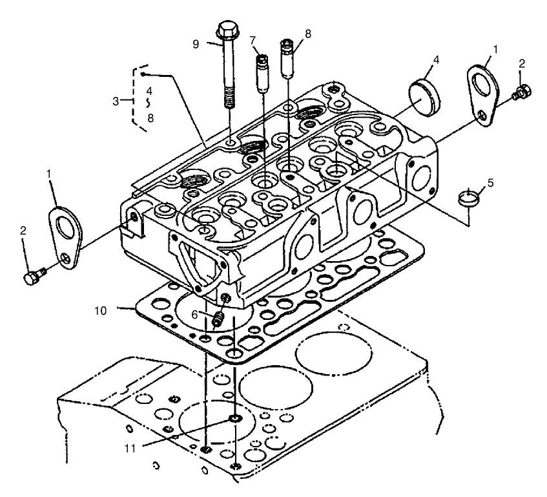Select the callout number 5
pos(490,183)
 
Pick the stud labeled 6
pos(218,318)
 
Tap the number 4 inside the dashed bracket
pos(149,90)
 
